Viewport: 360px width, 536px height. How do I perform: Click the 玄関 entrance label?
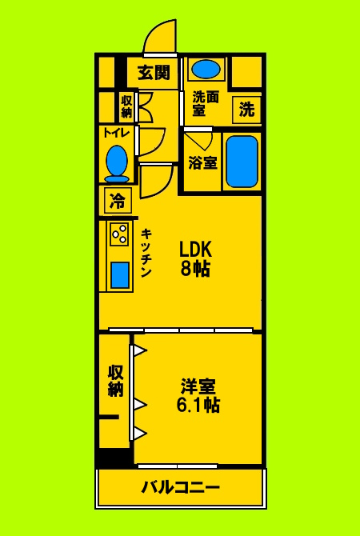coord(154,73)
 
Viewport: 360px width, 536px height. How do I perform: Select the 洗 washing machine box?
coord(247,110)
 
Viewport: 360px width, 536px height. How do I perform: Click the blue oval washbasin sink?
coord(207,69)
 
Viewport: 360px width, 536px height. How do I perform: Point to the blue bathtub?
coord(240,161)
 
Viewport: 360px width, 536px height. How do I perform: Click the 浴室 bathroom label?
coord(203,163)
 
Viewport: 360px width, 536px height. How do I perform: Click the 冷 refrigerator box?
coord(117,199)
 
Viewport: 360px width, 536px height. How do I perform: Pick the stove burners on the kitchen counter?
coord(120,234)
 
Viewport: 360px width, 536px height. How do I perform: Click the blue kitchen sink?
coord(120,274)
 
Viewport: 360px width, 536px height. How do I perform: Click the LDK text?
coord(194,248)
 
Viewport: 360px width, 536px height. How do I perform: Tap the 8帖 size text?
coord(194,269)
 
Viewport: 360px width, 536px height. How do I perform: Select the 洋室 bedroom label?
coord(198,386)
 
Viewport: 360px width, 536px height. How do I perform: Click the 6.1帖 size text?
coord(198,406)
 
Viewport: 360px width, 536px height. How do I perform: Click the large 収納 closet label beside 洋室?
coord(116,381)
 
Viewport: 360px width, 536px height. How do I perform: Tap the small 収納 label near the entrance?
coord(127,106)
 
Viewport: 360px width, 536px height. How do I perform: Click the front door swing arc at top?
coord(160,36)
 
